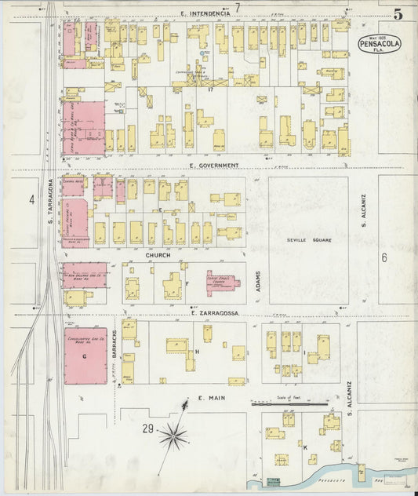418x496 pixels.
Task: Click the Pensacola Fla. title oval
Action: (380, 43)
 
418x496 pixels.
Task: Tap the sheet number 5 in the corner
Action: (399, 13)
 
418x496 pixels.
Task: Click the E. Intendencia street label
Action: (205, 14)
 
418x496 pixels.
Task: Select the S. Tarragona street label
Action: (49, 200)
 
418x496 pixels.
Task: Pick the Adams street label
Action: (257, 283)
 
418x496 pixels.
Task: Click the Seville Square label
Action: (308, 240)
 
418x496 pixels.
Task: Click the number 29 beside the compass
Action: (147, 429)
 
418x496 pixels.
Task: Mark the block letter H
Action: (198, 352)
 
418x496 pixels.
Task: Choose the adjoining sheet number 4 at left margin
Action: (32, 200)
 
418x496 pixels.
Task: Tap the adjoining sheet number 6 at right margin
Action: (384, 257)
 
